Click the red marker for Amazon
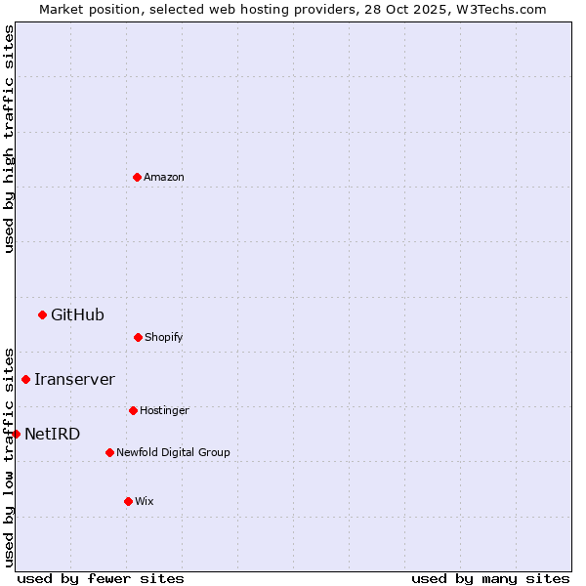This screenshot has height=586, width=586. (137, 177)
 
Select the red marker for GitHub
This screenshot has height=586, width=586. (42, 314)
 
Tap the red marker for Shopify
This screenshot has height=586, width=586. (138, 337)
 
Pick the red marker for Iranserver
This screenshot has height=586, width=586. (25, 379)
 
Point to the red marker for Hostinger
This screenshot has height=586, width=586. (133, 410)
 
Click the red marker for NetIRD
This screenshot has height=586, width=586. (16, 434)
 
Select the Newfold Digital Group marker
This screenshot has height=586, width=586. (109, 452)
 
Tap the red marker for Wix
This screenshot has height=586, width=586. (128, 501)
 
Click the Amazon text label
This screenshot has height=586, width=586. (164, 177)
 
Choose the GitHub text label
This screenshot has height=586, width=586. (77, 314)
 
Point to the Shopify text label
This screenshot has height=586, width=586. (164, 337)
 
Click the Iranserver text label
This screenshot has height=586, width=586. (74, 379)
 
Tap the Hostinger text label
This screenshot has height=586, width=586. (164, 410)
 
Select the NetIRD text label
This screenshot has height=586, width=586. (52, 434)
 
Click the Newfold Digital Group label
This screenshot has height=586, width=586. (173, 452)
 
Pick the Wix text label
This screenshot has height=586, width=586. (145, 501)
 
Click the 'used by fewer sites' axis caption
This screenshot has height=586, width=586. (101, 578)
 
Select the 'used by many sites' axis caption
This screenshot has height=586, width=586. (490, 578)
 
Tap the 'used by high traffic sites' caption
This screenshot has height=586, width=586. (9, 139)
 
